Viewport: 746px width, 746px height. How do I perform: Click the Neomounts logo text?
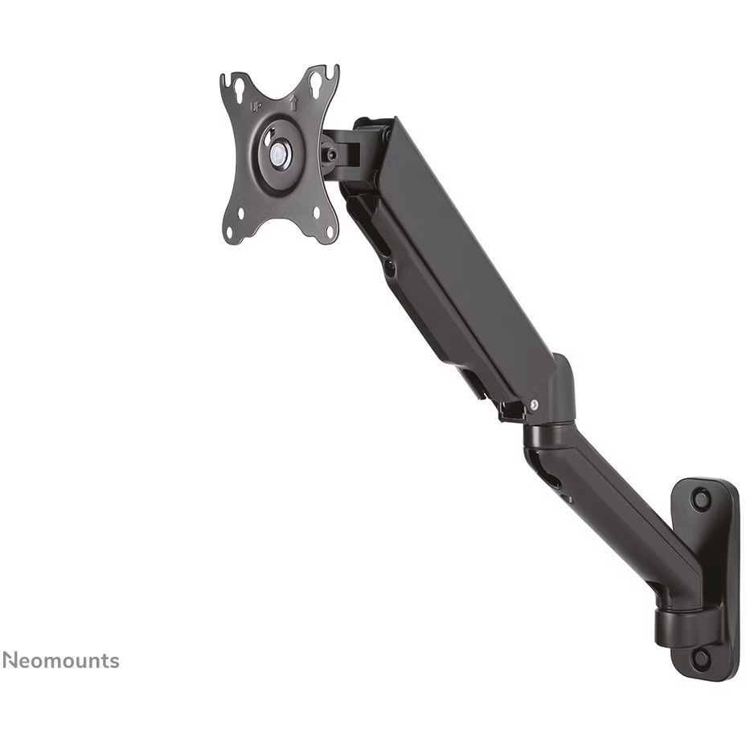[60, 661]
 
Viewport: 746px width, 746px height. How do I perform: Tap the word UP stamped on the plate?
[255, 105]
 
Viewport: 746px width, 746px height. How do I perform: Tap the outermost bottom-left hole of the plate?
[231, 233]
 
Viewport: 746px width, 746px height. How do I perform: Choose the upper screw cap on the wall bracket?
[701, 500]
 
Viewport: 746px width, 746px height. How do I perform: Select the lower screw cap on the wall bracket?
[701, 658]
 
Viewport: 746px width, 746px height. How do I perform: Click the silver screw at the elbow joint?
[533, 406]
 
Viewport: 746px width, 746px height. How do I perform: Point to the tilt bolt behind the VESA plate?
[330, 151]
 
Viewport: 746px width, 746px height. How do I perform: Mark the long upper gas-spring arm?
[458, 265]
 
